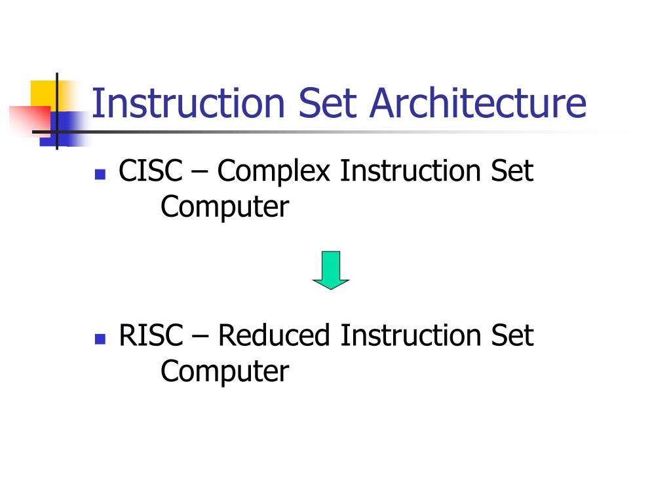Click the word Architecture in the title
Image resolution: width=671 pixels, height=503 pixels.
pyautogui.click(x=478, y=103)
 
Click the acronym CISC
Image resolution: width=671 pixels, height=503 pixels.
pyautogui.click(x=150, y=172)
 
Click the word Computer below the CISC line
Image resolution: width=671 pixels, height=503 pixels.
pyautogui.click(x=225, y=208)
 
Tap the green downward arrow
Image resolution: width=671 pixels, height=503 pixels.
pyautogui.click(x=331, y=270)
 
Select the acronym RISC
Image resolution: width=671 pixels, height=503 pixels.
pyautogui.click(x=150, y=336)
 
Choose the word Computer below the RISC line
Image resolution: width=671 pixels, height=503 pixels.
pyautogui.click(x=225, y=372)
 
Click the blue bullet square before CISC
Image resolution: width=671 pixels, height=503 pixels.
pyautogui.click(x=100, y=174)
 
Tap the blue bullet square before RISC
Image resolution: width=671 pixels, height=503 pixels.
pyautogui.click(x=100, y=339)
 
